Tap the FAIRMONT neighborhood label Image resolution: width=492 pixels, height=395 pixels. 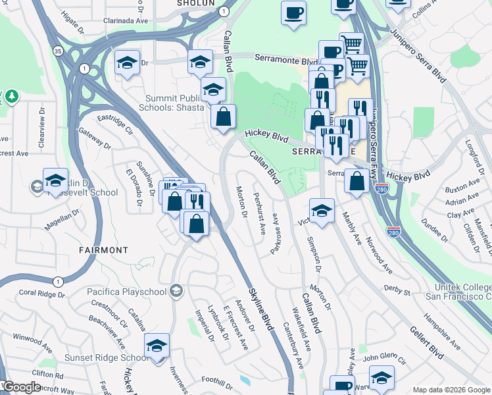[x=103, y=250]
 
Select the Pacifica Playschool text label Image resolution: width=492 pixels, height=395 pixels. [x=128, y=291]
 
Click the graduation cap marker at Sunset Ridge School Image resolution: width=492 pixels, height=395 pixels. [x=157, y=345]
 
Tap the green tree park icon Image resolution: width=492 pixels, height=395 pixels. [x=11, y=97]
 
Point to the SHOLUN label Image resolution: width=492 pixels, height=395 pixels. [x=196, y=3]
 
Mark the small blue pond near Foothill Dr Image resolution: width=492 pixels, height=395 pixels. [x=245, y=381]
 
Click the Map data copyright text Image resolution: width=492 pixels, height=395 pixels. [x=451, y=389]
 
